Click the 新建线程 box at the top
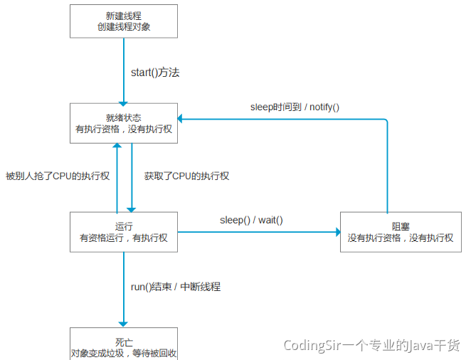(123, 21)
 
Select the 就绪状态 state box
(123, 123)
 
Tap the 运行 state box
(123, 231)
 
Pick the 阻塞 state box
(401, 231)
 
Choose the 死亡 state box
(123, 344)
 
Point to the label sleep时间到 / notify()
(295, 107)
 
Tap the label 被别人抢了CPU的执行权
(57, 176)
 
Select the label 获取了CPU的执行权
(186, 176)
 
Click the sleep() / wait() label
(251, 219)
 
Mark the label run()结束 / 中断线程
(176, 287)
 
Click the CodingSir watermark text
(371, 345)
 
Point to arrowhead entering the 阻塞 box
(335, 231)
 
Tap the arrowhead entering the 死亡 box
(124, 322)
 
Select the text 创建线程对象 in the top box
(123, 28)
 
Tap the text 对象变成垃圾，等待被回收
(123, 351)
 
